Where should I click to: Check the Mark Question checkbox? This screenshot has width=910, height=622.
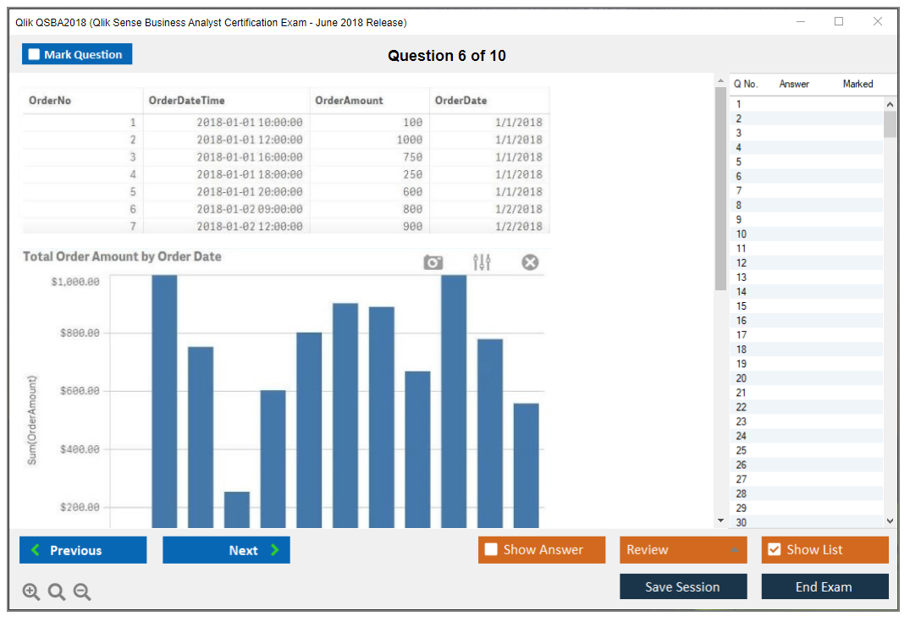[34, 55]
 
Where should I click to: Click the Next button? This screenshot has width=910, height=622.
[226, 550]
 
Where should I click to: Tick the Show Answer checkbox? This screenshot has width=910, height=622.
[491, 550]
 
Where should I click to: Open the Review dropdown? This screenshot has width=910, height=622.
[682, 550]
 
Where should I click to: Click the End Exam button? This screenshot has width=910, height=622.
[824, 586]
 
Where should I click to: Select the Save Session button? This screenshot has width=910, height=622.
[682, 586]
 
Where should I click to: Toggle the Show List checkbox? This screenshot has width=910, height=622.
[774, 550]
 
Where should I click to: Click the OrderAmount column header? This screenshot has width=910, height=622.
[349, 101]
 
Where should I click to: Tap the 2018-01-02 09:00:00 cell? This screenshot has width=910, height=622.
[249, 209]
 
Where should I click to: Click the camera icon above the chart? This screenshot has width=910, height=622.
[433, 262]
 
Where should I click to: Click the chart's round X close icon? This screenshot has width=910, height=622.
[530, 262]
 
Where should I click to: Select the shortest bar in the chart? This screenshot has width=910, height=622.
[237, 509]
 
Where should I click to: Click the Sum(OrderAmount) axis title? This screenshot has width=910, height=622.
[32, 421]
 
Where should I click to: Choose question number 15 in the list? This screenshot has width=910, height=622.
[742, 306]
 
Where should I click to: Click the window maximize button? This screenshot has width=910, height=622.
[839, 22]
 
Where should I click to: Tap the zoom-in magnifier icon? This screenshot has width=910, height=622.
[31, 592]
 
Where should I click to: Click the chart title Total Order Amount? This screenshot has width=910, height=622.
[122, 256]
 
